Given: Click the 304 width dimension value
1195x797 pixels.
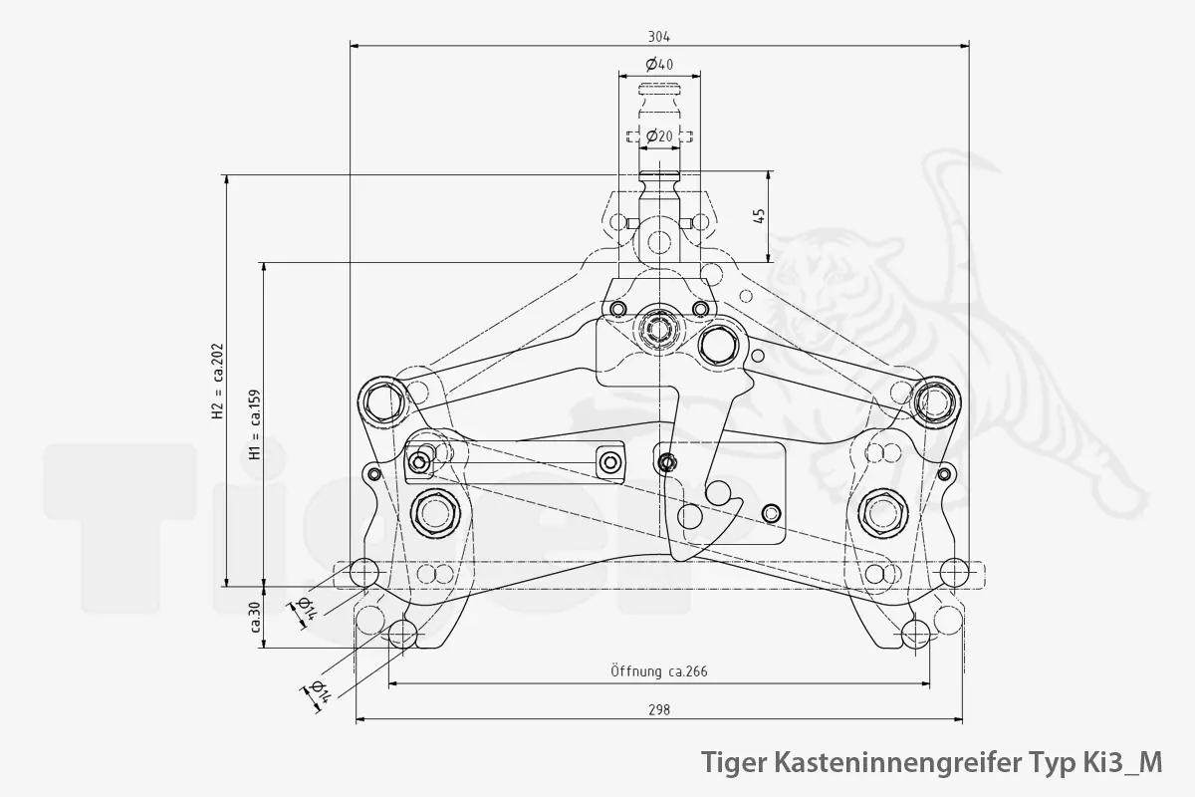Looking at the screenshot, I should (658, 36).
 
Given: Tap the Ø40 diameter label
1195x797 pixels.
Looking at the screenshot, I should (659, 65).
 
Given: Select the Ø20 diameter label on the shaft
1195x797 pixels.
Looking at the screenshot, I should (659, 135).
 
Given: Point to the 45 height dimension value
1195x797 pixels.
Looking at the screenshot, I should (759, 216).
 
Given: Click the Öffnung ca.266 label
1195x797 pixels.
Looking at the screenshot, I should (658, 671).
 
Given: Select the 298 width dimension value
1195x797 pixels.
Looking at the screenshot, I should (658, 710).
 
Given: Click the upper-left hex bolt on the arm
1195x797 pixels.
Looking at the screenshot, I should (383, 401).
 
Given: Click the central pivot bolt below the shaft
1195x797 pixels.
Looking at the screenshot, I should (657, 327).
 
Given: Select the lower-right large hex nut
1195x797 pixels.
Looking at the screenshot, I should (882, 513).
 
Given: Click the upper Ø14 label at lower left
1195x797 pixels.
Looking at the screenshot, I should (307, 610).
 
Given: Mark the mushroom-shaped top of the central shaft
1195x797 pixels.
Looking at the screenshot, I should (659, 93).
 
